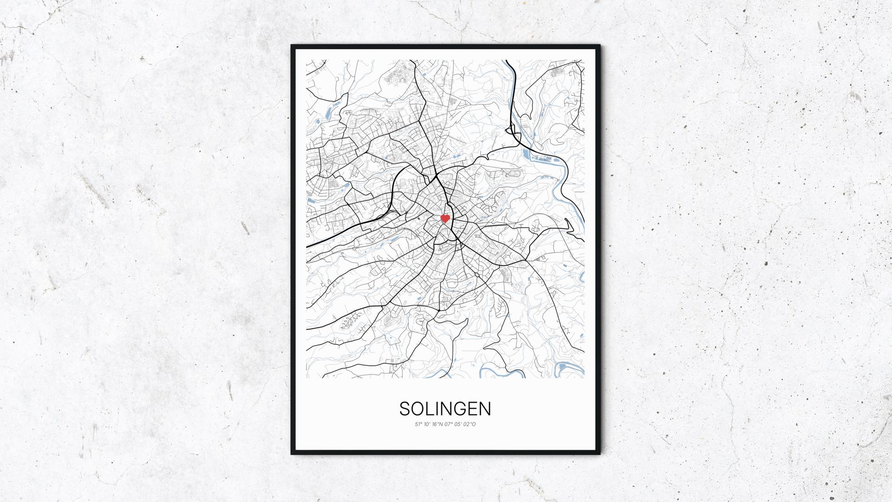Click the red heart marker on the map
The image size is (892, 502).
point(445,218)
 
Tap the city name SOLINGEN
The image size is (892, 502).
point(445,409)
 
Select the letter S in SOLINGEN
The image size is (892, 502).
point(405,409)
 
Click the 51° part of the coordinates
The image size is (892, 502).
point(419,424)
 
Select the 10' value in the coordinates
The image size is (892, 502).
point(428,424)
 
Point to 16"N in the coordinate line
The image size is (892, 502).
point(438,424)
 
